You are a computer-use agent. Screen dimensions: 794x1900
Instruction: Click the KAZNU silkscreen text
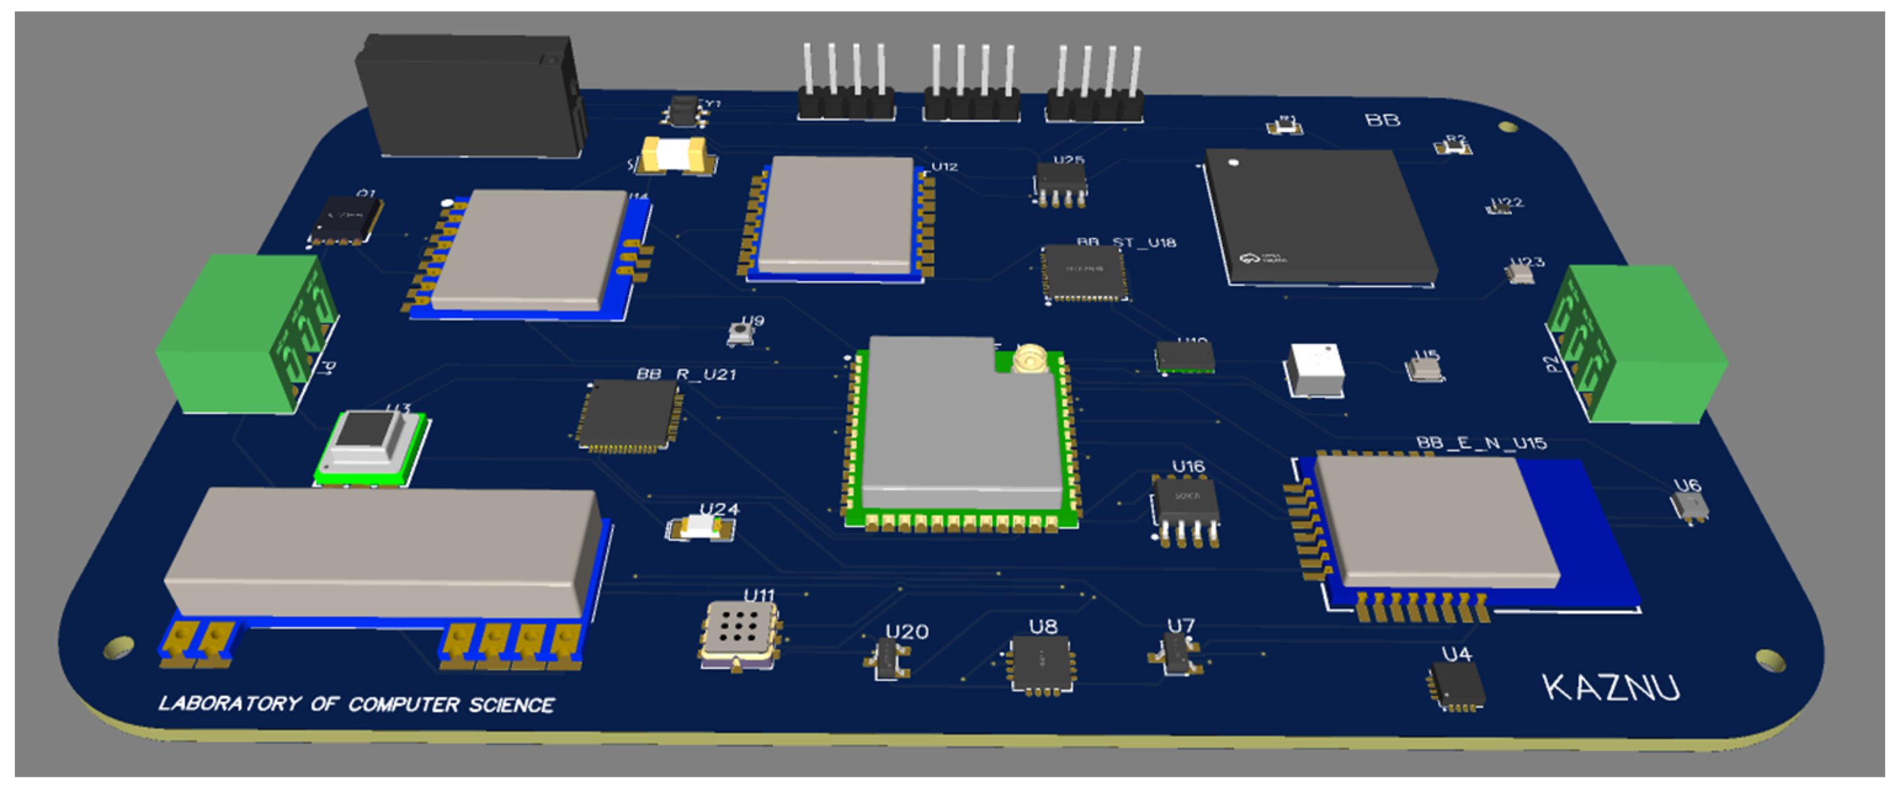[1611, 688]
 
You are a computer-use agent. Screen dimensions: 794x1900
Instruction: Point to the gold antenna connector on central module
[1030, 359]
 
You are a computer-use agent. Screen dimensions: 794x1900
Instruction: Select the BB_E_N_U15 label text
[1481, 443]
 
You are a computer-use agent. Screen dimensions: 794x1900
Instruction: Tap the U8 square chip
[1041, 661]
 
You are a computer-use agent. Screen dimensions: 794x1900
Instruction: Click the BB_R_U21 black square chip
[629, 415]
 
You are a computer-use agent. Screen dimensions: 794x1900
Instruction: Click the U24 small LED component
[699, 527]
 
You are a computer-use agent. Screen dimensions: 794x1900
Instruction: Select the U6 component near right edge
[1690, 505]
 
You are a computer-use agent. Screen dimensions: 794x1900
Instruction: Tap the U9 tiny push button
[740, 334]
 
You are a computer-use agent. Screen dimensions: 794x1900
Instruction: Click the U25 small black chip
[1060, 179]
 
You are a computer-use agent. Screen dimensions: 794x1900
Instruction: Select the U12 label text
[944, 167]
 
